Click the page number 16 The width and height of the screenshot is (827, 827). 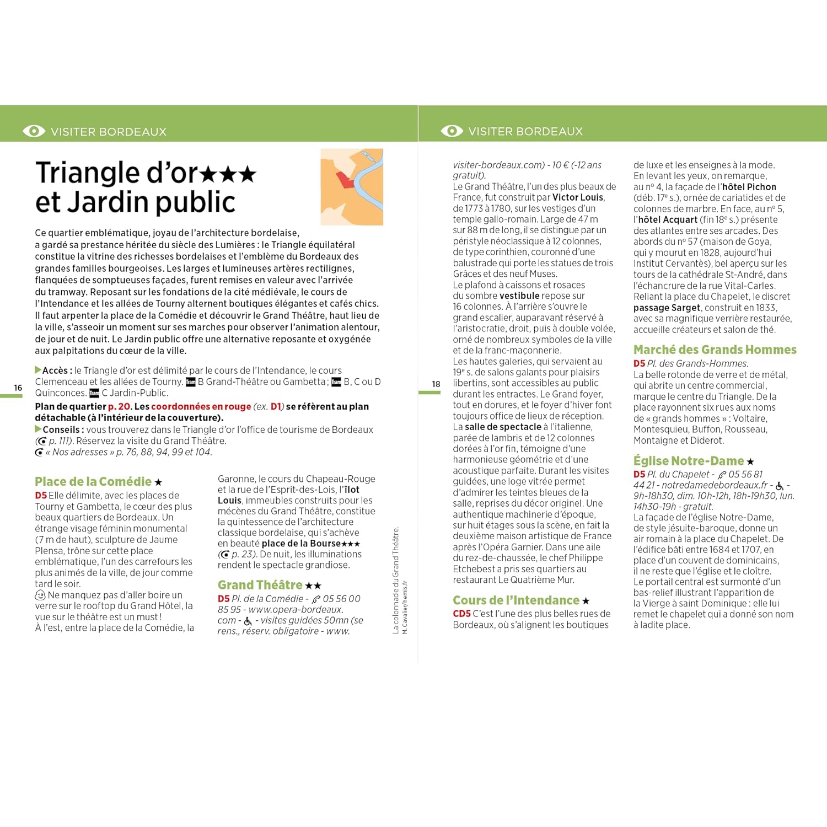click(x=18, y=388)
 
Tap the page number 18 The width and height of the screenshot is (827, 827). click(x=436, y=384)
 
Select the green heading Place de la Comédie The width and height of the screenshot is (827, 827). click(x=93, y=481)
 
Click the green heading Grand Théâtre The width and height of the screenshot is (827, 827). click(x=260, y=585)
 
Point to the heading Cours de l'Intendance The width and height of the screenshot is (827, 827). click(x=516, y=600)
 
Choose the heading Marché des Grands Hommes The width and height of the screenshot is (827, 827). click(x=715, y=350)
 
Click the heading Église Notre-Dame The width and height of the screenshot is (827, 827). click(x=689, y=461)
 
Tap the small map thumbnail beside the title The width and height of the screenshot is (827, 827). click(x=352, y=187)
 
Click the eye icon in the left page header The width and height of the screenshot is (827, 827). click(x=34, y=131)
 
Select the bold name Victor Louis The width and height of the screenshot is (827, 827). click(x=578, y=197)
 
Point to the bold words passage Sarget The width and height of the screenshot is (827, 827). click(x=667, y=308)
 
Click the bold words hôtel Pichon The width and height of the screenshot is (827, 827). click(x=749, y=187)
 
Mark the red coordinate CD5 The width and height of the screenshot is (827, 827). click(x=462, y=614)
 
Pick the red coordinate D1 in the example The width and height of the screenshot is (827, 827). click(x=276, y=406)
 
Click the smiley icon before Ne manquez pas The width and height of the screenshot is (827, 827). click(x=40, y=595)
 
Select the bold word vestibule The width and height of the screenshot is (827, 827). click(x=519, y=296)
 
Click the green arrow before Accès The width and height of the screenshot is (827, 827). click(x=38, y=370)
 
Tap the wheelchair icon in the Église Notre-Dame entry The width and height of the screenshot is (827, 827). click(x=779, y=486)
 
